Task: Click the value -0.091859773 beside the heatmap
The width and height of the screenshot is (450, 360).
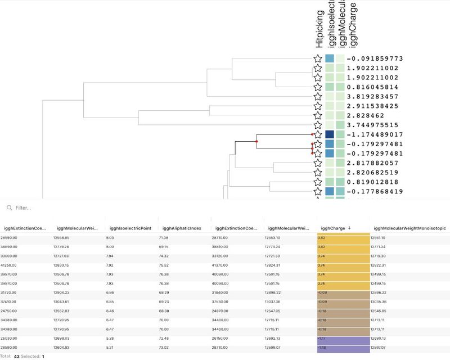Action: (x=375, y=58)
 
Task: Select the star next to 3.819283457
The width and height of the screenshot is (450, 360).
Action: (x=318, y=97)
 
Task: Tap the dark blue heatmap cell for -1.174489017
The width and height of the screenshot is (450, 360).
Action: (x=330, y=135)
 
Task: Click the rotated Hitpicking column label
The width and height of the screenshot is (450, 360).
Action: (x=319, y=28)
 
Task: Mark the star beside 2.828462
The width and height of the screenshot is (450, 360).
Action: (x=318, y=115)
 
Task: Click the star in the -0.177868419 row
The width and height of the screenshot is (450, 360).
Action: (x=318, y=191)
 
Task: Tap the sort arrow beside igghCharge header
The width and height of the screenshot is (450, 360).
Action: (x=350, y=228)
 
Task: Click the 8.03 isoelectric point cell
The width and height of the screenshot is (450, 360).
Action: (x=111, y=238)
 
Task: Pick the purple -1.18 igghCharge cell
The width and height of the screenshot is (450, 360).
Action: (x=343, y=348)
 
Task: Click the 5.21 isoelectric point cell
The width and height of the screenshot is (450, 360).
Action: (x=111, y=348)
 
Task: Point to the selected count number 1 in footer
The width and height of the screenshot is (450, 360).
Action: (x=43, y=357)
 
